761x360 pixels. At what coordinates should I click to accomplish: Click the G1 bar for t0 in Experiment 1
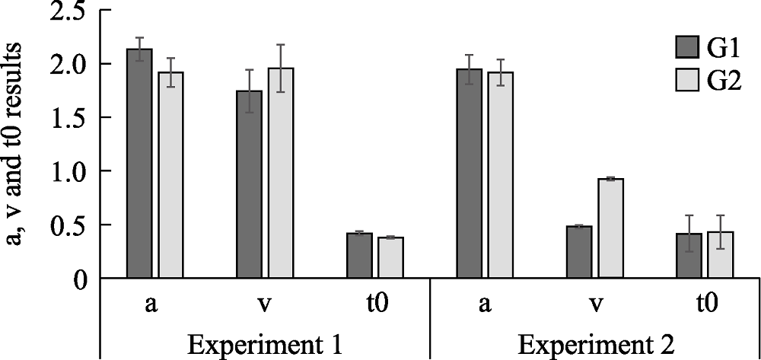point(359,256)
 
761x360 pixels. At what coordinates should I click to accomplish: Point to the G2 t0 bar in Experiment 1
point(390,258)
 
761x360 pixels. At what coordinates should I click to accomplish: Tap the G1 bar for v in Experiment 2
point(579,253)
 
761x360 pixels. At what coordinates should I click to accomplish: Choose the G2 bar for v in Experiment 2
point(610,228)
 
